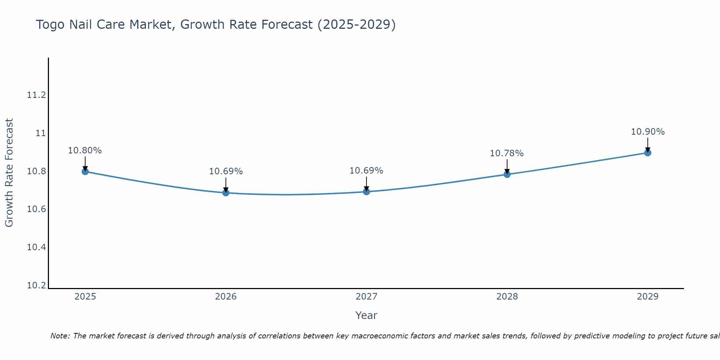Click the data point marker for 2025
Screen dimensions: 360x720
point(85,171)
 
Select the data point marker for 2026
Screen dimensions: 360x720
point(226,193)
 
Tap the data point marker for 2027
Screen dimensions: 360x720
point(366,192)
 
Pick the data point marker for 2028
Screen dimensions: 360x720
point(507,174)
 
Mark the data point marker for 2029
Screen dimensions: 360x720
point(648,153)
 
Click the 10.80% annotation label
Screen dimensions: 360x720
point(85,150)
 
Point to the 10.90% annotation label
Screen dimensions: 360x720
point(648,132)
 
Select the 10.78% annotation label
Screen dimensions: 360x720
point(507,153)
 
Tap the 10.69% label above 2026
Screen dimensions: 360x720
point(226,171)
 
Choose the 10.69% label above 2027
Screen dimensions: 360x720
point(366,171)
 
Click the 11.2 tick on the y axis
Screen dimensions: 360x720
point(36,95)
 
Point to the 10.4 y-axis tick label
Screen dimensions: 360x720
point(36,247)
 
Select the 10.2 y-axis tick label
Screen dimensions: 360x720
point(36,285)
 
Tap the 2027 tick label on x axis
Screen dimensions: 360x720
point(366,297)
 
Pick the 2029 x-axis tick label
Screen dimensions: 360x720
point(648,297)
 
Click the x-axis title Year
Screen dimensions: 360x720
point(366,315)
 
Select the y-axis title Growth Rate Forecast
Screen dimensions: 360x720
point(9,173)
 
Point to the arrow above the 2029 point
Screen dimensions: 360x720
point(648,145)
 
